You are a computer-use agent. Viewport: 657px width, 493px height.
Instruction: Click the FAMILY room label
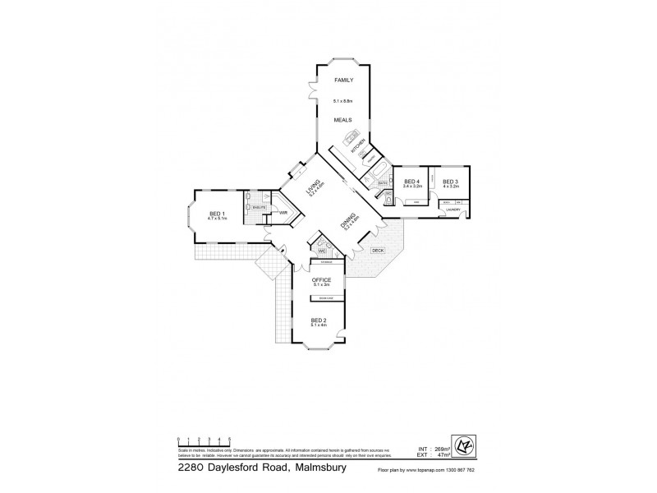click(x=342, y=81)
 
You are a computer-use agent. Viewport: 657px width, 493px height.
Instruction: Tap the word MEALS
click(x=342, y=120)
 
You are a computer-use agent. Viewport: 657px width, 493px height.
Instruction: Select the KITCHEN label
click(x=358, y=149)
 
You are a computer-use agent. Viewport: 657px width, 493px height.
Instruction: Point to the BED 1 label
click(x=217, y=214)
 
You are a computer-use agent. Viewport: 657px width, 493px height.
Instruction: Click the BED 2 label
click(x=319, y=320)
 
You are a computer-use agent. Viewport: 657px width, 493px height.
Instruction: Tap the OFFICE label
click(x=321, y=280)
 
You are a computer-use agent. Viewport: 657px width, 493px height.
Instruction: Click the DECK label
click(x=378, y=250)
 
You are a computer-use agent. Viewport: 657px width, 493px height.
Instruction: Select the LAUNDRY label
click(x=452, y=210)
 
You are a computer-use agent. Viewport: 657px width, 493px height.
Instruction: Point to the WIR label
click(x=283, y=212)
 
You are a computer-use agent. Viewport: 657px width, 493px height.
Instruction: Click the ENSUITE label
click(x=258, y=208)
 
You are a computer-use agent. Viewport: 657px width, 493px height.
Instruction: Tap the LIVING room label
click(x=311, y=190)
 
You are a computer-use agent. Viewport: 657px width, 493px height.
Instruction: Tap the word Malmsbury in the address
click(x=317, y=468)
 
